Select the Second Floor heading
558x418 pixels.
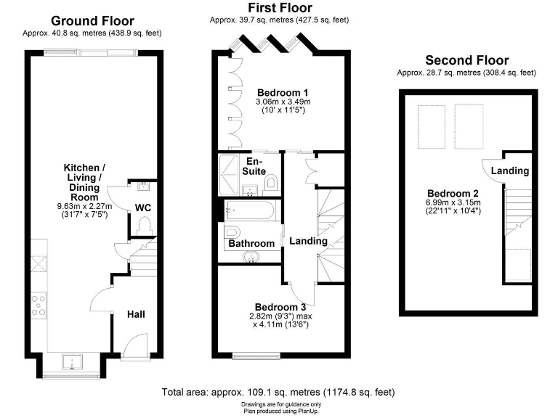[x=466, y=60]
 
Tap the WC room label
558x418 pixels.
[x=143, y=208]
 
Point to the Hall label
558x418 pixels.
[x=136, y=314]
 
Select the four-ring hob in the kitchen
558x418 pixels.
[x=38, y=304]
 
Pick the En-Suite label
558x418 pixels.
[x=254, y=166]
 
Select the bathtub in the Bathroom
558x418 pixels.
[x=249, y=211]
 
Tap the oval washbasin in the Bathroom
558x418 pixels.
[x=254, y=257]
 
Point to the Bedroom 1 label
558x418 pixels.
[x=283, y=93]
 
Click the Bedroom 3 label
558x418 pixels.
[x=280, y=307]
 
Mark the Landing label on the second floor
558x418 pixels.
[x=509, y=171]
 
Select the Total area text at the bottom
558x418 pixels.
[x=278, y=392]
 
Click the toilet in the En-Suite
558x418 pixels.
[x=271, y=183]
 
